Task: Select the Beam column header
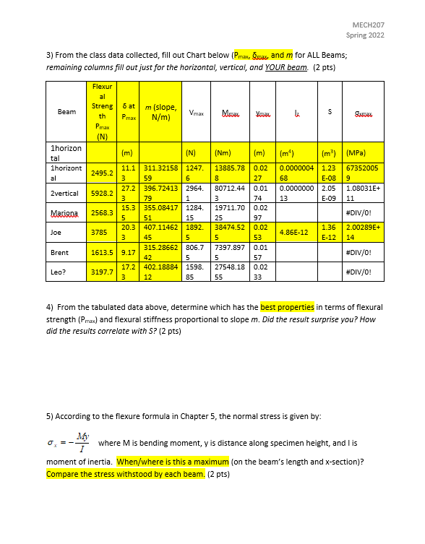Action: tap(66, 112)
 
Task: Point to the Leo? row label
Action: tap(59, 272)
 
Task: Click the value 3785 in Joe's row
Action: tap(100, 233)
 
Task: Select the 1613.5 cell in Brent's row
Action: tap(100, 254)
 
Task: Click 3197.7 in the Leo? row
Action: tap(100, 272)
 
